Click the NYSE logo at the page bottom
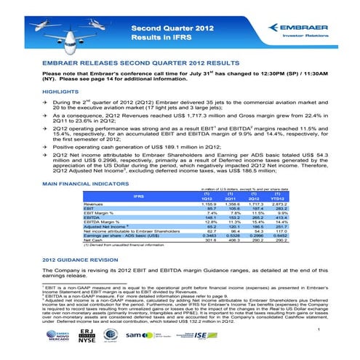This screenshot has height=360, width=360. (108, 339)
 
